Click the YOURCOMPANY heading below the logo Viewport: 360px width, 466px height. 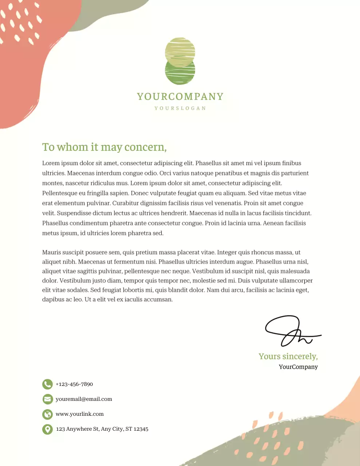click(180, 96)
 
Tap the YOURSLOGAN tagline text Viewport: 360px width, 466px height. click(180, 108)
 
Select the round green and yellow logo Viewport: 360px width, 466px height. click(180, 61)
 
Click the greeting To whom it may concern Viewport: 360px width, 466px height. click(104, 147)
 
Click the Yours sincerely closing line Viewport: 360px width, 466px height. click(288, 356)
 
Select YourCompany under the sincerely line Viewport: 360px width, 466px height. click(298, 367)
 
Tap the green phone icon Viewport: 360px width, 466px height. click(47, 384)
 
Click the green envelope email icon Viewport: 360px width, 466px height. click(47, 399)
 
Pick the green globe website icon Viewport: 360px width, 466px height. click(47, 414)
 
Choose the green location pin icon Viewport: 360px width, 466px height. click(47, 429)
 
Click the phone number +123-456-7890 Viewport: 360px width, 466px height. click(74, 384)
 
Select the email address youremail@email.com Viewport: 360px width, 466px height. click(84, 399)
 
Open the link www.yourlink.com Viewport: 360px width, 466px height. click(79, 414)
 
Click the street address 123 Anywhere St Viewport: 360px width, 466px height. click(102, 429)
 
